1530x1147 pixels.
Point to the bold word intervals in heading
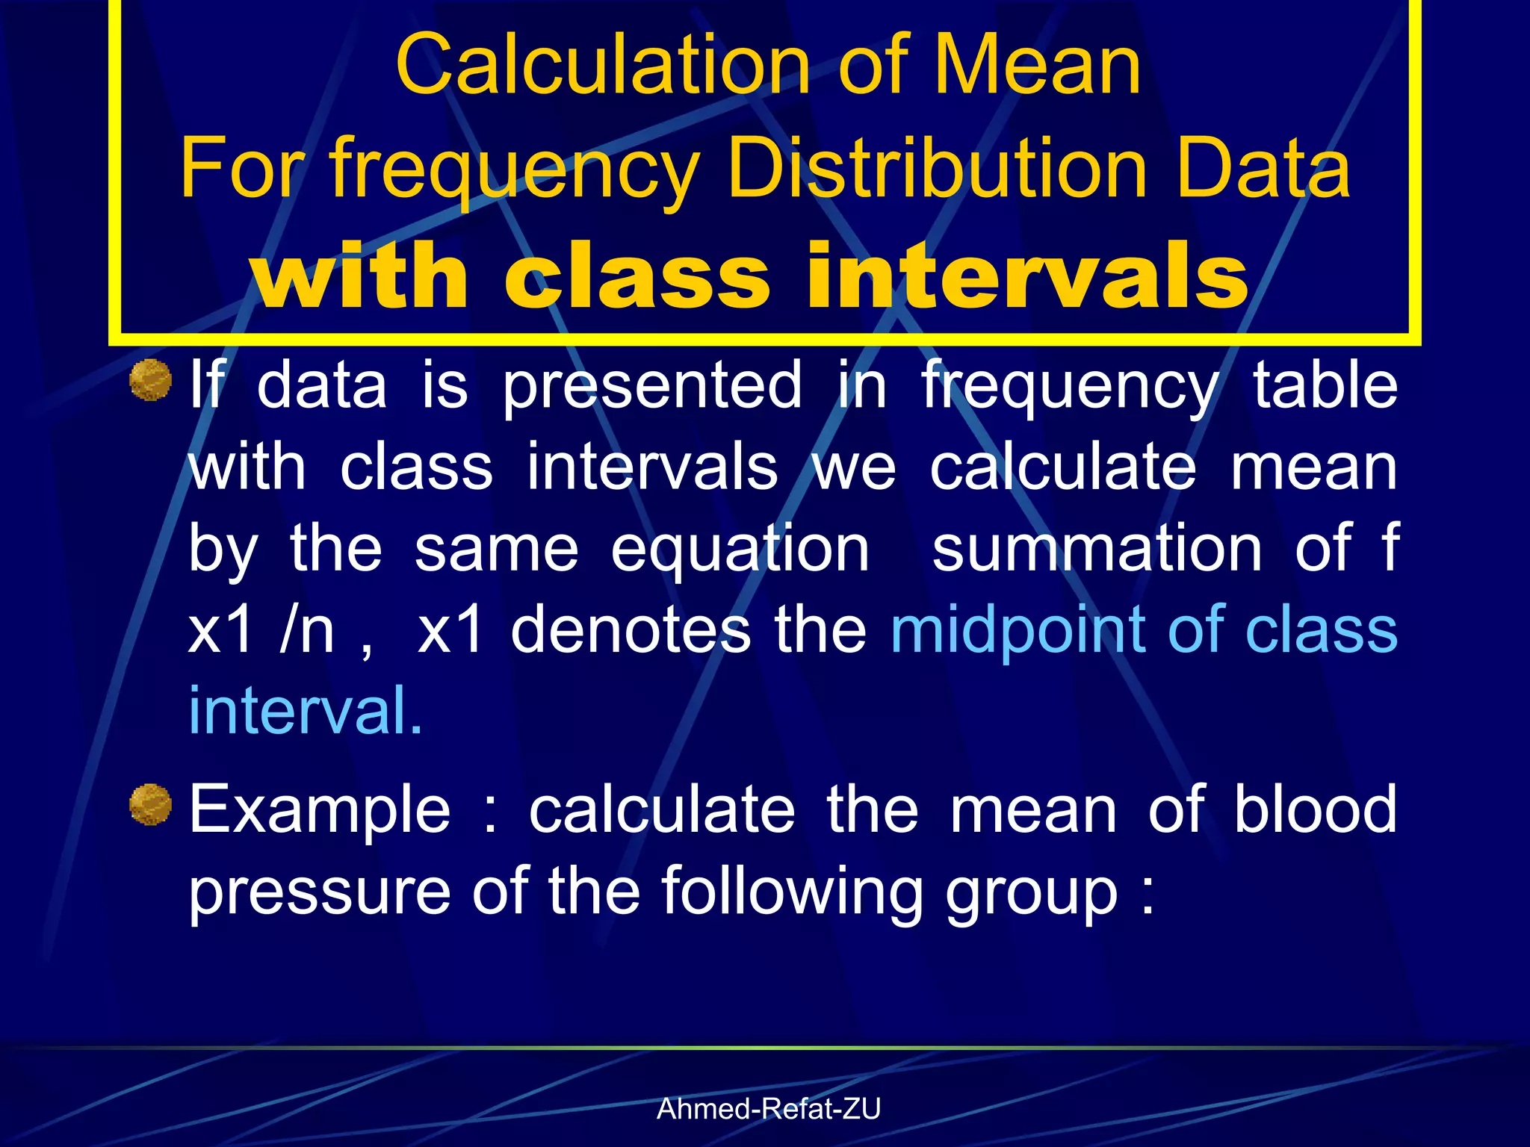click(1027, 276)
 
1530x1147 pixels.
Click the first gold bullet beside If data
click(151, 380)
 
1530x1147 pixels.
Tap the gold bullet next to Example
click(151, 804)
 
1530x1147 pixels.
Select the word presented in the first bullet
click(651, 386)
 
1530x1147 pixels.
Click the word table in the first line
click(1325, 386)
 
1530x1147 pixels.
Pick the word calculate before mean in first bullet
click(1063, 468)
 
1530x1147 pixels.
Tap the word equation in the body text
click(740, 550)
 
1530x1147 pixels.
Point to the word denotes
click(631, 630)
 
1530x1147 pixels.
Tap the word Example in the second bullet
click(320, 812)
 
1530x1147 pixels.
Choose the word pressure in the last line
click(320, 892)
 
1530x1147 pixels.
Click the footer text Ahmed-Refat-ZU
click(768, 1109)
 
